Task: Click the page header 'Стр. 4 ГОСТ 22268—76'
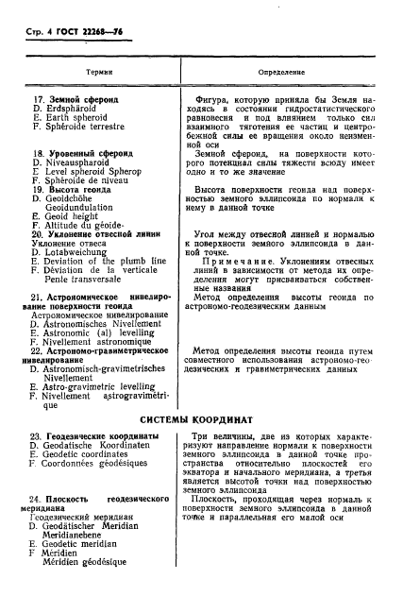(78, 35)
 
